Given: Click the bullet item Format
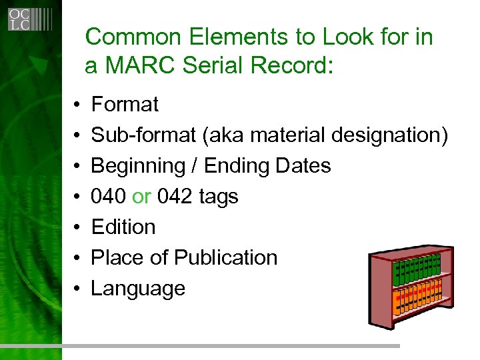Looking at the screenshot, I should click(x=125, y=105).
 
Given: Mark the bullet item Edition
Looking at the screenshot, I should click(x=123, y=227).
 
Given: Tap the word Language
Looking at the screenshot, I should click(x=138, y=289).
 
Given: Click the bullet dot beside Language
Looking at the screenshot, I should click(x=78, y=289).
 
